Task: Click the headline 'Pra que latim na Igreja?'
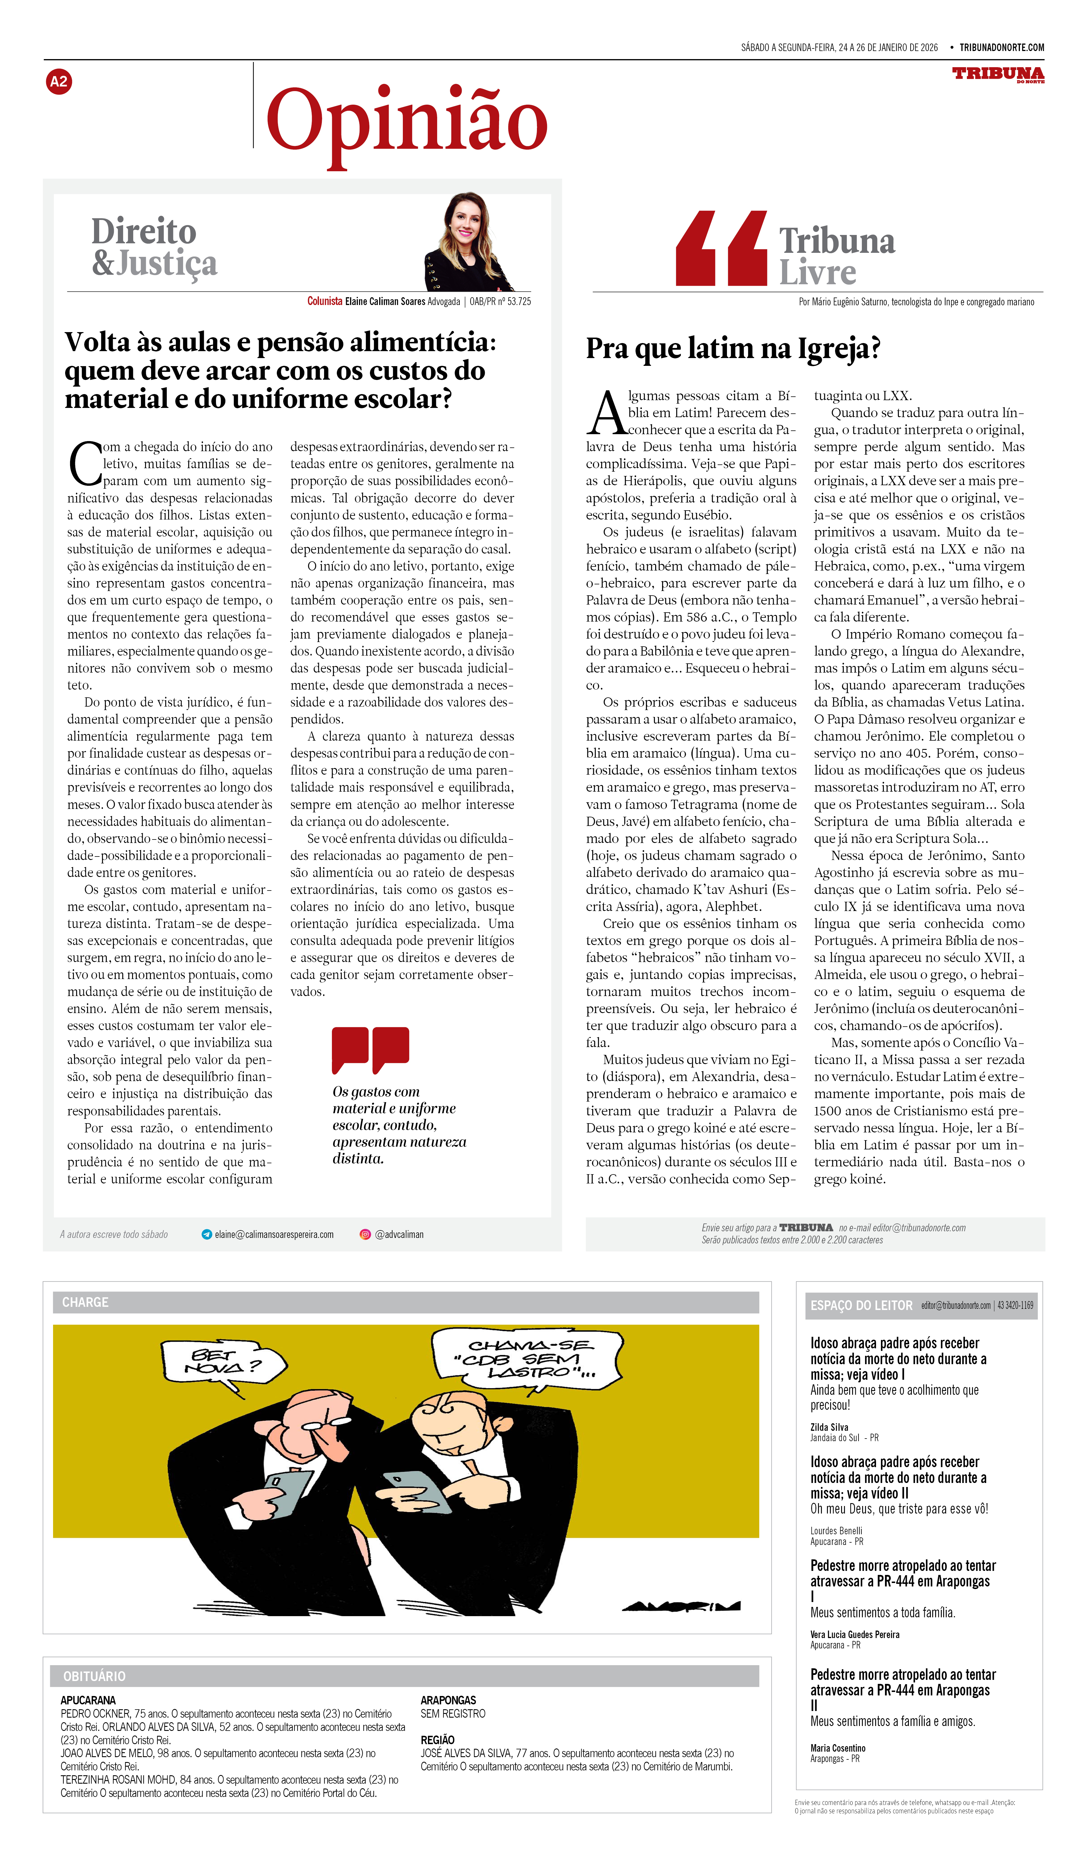pos(733,348)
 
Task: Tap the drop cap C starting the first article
pos(84,464)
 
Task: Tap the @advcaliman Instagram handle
pos(399,1234)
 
